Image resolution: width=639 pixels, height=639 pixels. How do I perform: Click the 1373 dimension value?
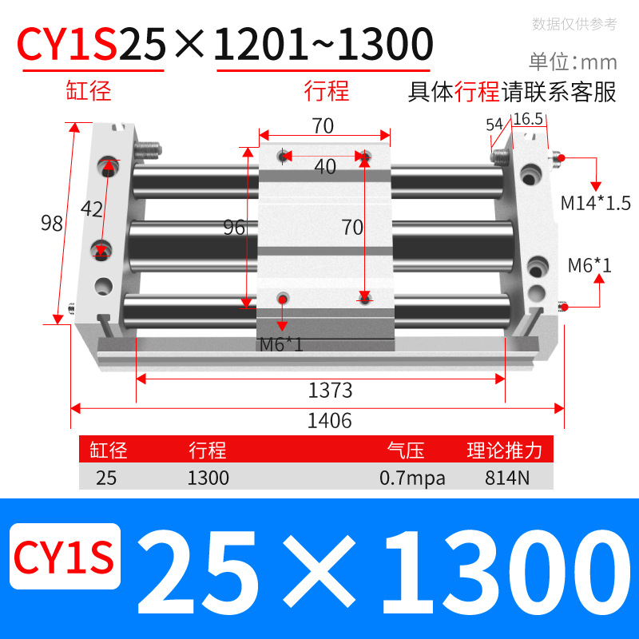click(330, 391)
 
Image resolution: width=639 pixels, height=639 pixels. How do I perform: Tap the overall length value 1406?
click(330, 420)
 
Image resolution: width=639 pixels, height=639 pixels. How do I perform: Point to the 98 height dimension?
click(52, 224)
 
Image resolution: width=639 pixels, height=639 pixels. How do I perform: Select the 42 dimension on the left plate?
click(92, 209)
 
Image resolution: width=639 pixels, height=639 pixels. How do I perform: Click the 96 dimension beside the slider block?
click(234, 228)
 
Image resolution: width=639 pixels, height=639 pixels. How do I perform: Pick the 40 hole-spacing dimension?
click(324, 167)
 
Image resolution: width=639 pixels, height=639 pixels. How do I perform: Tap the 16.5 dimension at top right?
click(528, 119)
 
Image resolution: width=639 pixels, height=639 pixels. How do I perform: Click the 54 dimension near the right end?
click(494, 124)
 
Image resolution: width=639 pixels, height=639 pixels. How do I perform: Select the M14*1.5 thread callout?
click(590, 202)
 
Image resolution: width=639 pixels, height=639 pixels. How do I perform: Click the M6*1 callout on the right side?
click(589, 265)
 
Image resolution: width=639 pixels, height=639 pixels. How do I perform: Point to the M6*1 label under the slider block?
click(281, 345)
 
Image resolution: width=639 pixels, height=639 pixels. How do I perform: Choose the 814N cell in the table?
click(504, 478)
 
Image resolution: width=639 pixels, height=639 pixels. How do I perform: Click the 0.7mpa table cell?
click(412, 478)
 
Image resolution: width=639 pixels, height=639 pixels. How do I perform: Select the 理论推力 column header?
click(505, 450)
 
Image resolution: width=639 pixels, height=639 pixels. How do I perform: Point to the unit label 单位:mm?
click(573, 62)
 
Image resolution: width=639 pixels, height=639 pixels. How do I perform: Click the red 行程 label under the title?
click(327, 90)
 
